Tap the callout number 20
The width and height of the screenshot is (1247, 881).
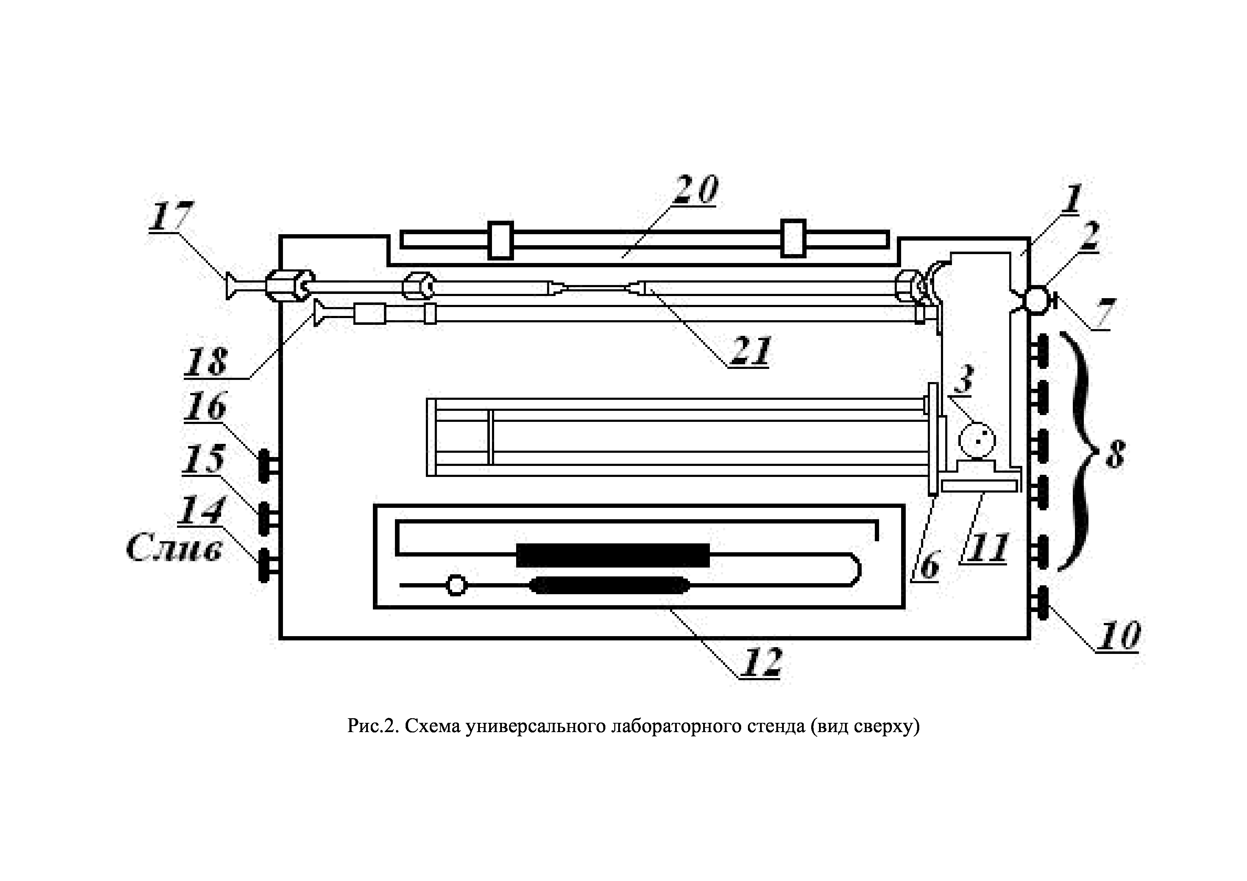(x=696, y=190)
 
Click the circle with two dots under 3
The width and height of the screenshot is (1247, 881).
(x=976, y=440)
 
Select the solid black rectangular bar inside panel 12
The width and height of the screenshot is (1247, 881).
(x=612, y=555)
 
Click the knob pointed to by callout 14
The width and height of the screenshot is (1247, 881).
(x=264, y=565)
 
